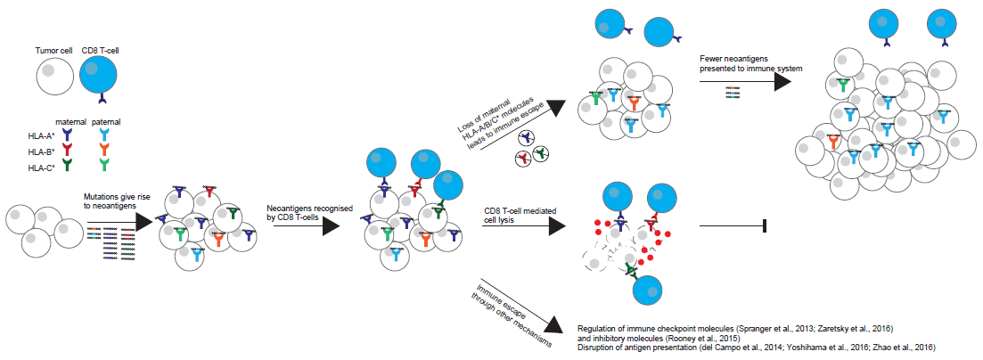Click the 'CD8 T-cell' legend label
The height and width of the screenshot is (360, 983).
100,52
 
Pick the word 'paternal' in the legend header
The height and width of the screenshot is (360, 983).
107,121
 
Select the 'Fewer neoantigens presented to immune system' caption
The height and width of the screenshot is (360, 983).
751,63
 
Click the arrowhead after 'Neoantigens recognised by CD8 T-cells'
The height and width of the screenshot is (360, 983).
331,228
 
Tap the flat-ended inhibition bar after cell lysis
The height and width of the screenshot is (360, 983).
765,228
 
